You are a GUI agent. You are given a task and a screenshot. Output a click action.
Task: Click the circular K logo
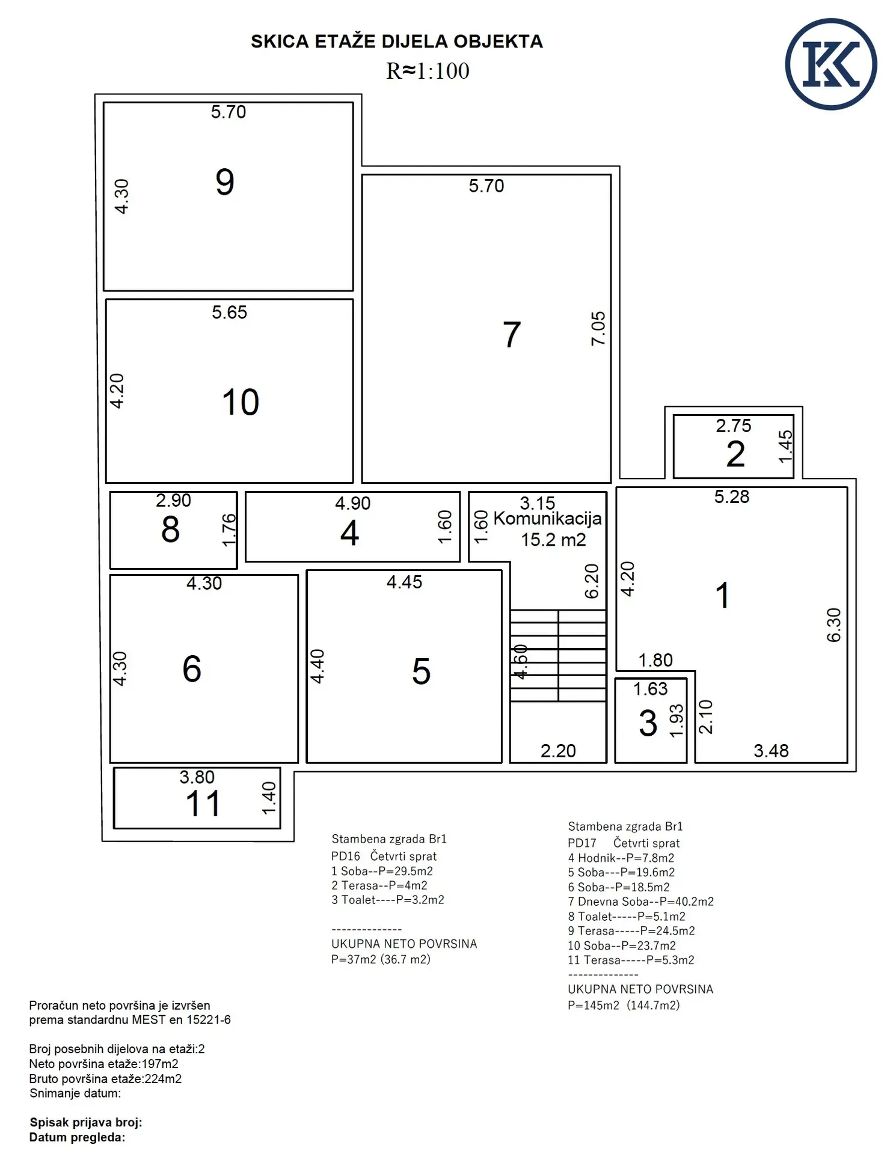coord(830,64)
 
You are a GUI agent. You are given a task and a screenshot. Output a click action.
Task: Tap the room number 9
coord(225,182)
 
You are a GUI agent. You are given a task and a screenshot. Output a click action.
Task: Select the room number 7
coord(512,335)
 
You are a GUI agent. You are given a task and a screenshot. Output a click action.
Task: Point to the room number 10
coord(241,402)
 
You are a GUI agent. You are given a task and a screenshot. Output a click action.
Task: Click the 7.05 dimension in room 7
coord(598,328)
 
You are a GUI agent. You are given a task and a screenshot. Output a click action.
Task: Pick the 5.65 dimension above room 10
coord(229,313)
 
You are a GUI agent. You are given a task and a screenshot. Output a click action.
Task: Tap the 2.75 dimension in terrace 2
coord(733,426)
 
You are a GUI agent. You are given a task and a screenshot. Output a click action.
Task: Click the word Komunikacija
coord(547,519)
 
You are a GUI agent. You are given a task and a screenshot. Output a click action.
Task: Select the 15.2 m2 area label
coord(553,540)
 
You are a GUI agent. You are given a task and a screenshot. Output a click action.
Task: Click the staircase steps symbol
coord(558,656)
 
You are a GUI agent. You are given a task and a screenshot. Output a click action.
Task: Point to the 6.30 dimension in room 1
coord(833,625)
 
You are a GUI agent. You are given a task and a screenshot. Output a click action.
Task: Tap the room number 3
coord(648,723)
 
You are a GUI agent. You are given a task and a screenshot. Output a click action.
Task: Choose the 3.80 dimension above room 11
coord(197,777)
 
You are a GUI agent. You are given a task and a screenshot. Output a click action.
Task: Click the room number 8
coord(170,530)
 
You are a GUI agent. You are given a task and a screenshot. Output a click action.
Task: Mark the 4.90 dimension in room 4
coord(352,504)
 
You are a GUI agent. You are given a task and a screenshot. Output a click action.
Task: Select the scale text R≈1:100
coord(428,71)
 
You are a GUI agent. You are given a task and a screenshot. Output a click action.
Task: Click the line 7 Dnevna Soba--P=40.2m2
coord(640,902)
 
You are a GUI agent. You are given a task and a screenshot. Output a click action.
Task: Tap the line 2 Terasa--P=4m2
coord(379,885)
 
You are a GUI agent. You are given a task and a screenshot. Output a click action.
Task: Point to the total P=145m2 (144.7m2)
coord(624,1005)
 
